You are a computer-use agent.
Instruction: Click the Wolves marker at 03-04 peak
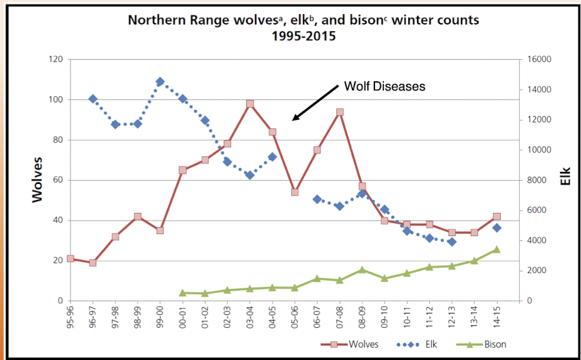pyautogui.click(x=250, y=104)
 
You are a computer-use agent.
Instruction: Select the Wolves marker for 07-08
pyautogui.click(x=340, y=112)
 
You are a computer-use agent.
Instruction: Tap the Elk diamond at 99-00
pyautogui.click(x=160, y=82)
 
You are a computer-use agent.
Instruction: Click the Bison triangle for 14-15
pyautogui.click(x=496, y=249)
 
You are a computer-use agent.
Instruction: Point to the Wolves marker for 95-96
pyautogui.click(x=70, y=259)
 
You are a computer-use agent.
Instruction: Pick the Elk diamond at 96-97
pyautogui.click(x=93, y=99)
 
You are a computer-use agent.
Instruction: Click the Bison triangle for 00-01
pyautogui.click(x=183, y=292)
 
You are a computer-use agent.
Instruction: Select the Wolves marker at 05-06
pyautogui.click(x=295, y=192)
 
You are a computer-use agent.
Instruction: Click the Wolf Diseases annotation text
pyautogui.click(x=384, y=86)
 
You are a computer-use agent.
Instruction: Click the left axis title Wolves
pyautogui.click(x=38, y=179)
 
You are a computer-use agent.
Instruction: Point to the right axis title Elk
pyautogui.click(x=566, y=178)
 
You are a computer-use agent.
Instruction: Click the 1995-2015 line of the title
pyautogui.click(x=303, y=35)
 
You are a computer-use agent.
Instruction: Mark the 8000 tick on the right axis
pyautogui.click(x=535, y=180)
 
